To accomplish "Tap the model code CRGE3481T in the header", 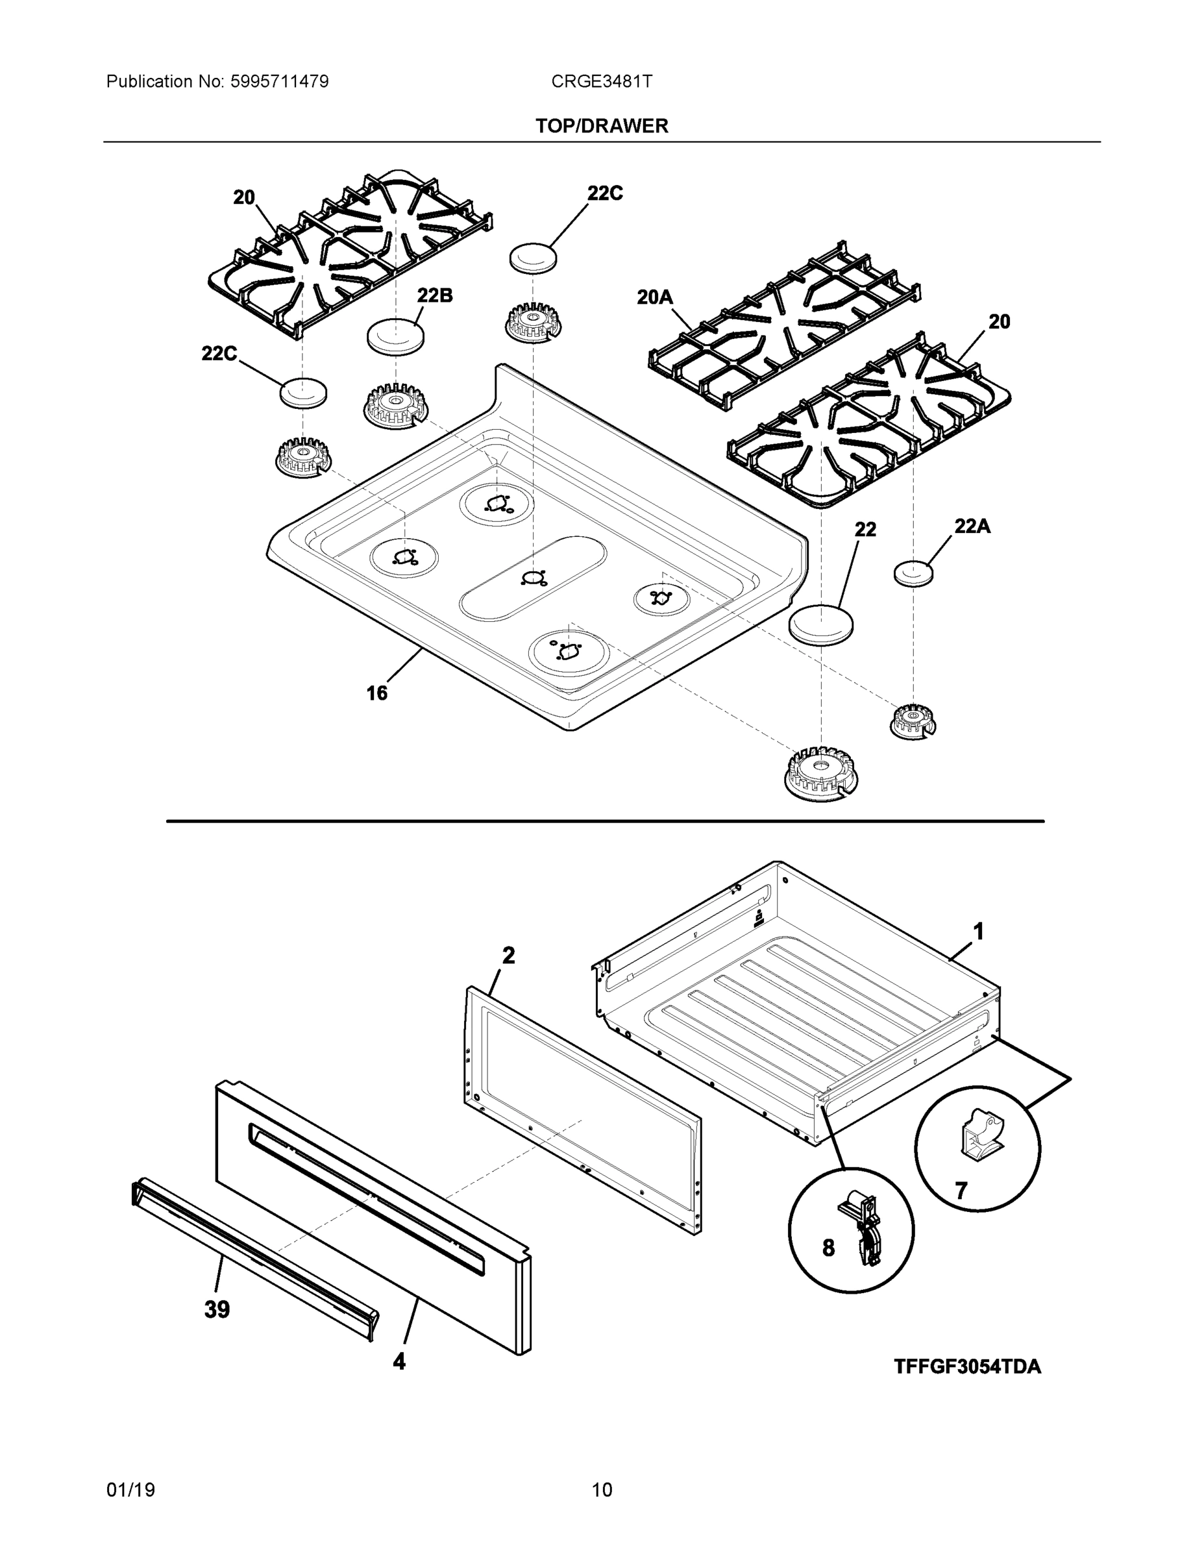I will tap(600, 81).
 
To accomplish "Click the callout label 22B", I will tap(434, 295).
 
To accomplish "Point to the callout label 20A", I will tap(654, 297).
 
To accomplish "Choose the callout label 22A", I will tap(972, 526).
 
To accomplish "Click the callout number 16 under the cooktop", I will tap(376, 693).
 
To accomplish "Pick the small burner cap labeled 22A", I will tap(914, 573).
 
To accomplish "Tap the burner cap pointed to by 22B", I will tap(395, 335).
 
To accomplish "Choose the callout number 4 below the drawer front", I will tap(399, 1362).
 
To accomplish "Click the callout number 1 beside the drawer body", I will tap(979, 931).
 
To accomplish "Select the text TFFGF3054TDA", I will tap(966, 1366).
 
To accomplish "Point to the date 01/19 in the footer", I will tap(130, 1490).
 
